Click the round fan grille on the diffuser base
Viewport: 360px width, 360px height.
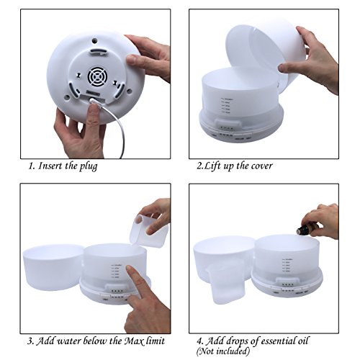coord(96,77)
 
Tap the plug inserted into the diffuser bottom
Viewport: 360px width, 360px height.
coord(95,102)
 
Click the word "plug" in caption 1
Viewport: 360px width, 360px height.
coord(89,166)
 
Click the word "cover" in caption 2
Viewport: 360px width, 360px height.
coord(261,166)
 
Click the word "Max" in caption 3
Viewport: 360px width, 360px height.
coord(134,341)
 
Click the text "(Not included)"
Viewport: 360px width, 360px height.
coord(223,351)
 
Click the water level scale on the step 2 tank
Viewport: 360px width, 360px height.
coord(226,105)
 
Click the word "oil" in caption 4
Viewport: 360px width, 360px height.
coord(300,341)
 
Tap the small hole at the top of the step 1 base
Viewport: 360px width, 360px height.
coord(94,41)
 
